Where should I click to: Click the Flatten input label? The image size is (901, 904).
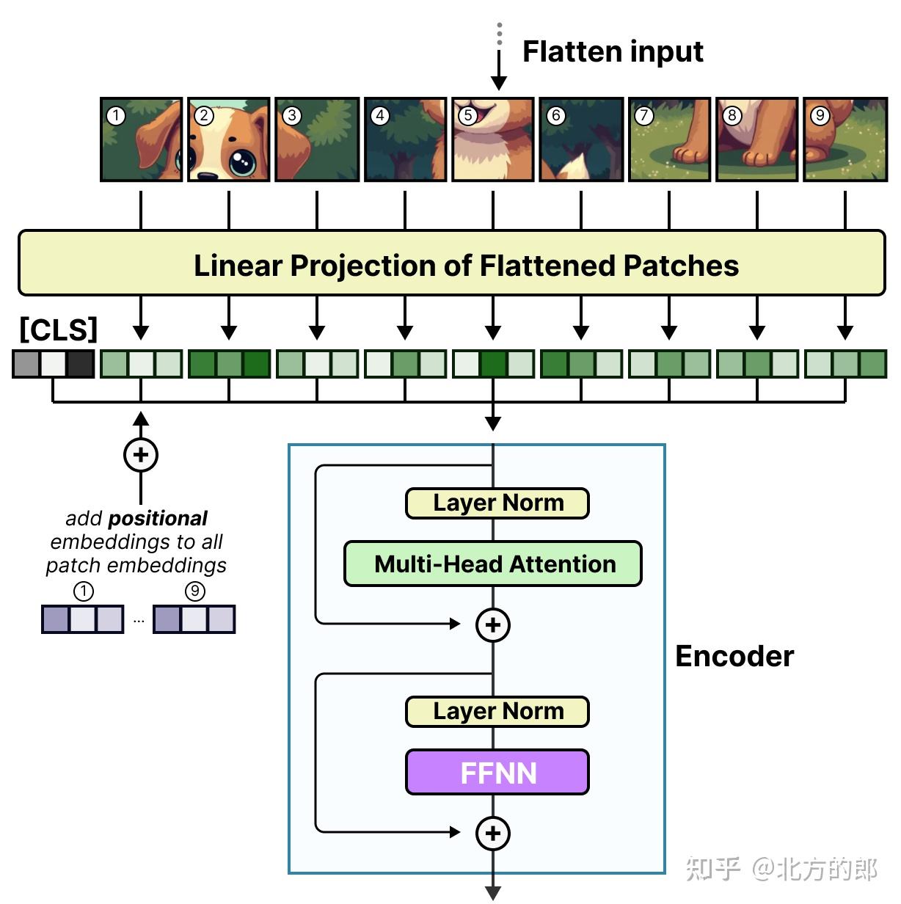click(612, 51)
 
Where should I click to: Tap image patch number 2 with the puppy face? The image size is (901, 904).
click(229, 139)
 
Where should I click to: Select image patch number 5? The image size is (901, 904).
click(493, 139)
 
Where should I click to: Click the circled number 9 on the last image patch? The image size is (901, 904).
click(820, 115)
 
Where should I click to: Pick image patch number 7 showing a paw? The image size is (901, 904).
click(669, 139)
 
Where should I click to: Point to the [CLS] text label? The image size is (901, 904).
click(58, 329)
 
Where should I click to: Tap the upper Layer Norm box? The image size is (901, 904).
click(497, 503)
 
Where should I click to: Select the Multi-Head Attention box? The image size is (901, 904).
click(493, 564)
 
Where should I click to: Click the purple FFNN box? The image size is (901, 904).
click(497, 773)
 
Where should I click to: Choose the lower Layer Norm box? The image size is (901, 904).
click(497, 712)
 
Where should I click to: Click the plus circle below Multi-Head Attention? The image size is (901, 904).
click(493, 624)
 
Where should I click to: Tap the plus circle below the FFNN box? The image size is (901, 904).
click(493, 833)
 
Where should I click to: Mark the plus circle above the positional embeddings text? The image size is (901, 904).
click(141, 455)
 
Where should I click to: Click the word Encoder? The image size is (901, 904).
click(734, 656)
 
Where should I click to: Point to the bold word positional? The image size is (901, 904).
click(157, 519)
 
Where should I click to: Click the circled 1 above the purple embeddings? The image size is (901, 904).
click(84, 591)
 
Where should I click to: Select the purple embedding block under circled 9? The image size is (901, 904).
click(194, 619)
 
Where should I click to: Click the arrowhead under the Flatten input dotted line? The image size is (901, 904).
click(499, 81)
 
